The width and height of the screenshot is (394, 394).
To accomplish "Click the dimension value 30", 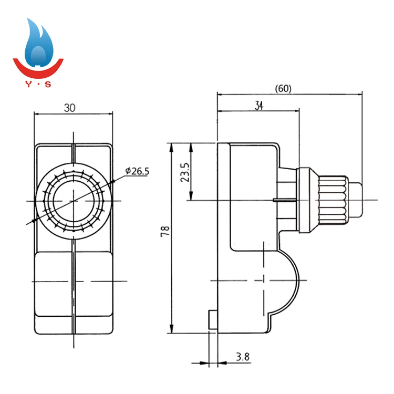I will coord(70,108).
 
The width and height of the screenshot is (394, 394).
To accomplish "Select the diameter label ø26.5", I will coord(137,171).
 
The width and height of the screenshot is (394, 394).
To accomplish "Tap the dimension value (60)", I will coord(283,89).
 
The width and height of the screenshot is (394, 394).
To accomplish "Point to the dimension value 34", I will coord(259,106).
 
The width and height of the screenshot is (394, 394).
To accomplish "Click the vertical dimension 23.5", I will coord(184,171).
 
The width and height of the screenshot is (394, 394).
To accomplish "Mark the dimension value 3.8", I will coord(243,357).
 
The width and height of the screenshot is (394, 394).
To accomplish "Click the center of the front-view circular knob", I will coord(74,200).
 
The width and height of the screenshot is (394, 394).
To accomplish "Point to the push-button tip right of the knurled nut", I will coord(355,200).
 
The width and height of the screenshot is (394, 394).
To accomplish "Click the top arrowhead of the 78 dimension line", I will coord(171,147).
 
